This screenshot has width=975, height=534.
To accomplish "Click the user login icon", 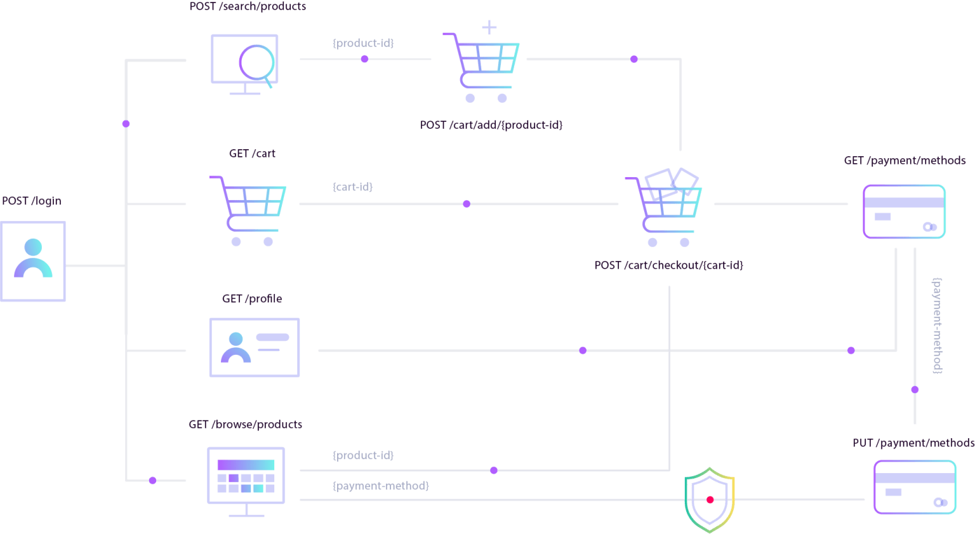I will coord(33,261).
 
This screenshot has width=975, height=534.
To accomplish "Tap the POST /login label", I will coord(32,201).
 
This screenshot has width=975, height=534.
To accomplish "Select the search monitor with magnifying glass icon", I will coord(244,63).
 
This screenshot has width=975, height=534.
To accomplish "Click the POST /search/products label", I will coord(248,6).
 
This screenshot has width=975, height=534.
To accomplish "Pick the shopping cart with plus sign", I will coord(482,67).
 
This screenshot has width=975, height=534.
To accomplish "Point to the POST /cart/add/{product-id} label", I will coord(491,125).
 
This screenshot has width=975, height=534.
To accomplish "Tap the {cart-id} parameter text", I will coord(352,187).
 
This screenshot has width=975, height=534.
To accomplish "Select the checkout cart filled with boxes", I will coord(664,206).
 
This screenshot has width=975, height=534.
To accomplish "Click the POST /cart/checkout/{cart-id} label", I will coord(668,265).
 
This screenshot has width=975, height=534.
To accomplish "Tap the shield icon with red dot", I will coord(710,500).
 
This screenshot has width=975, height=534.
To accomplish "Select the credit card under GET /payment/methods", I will coord(904,211).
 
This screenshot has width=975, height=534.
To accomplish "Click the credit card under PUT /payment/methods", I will coord(914,487).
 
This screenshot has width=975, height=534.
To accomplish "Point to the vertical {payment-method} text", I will coord(937,325).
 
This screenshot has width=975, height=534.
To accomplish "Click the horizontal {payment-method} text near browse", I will coord(380,486).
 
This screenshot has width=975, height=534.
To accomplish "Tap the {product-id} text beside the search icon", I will coord(363,43).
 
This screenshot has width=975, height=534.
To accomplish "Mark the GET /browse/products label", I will coord(245,424).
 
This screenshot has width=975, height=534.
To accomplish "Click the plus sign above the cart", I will coord(489,27).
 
